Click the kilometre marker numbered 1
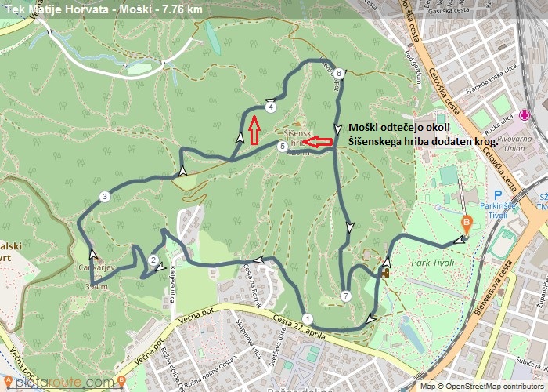308,318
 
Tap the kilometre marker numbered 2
153,261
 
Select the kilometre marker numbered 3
104,196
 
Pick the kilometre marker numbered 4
270,107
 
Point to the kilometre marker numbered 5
282,146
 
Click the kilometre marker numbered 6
338,74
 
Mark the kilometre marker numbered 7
345,296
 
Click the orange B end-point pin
467,223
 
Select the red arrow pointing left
318,142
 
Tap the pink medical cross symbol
525,115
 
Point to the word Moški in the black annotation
366,128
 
